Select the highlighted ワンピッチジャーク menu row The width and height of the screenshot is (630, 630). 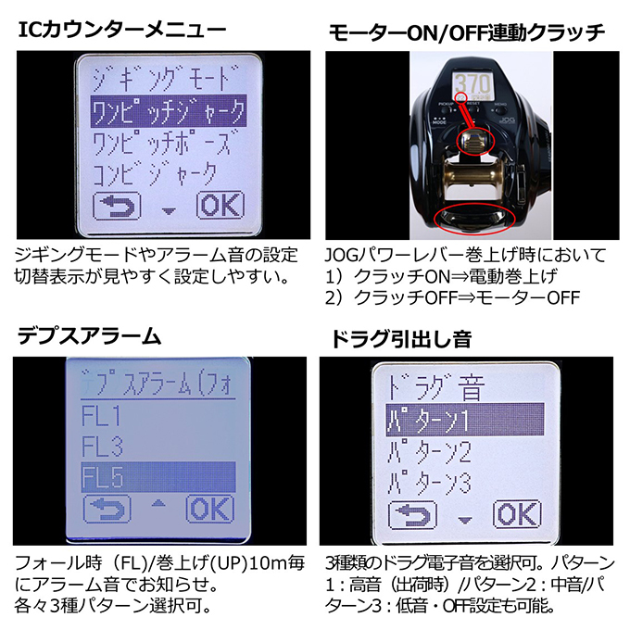[169, 112]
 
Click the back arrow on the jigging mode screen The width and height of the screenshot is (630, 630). [114, 206]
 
